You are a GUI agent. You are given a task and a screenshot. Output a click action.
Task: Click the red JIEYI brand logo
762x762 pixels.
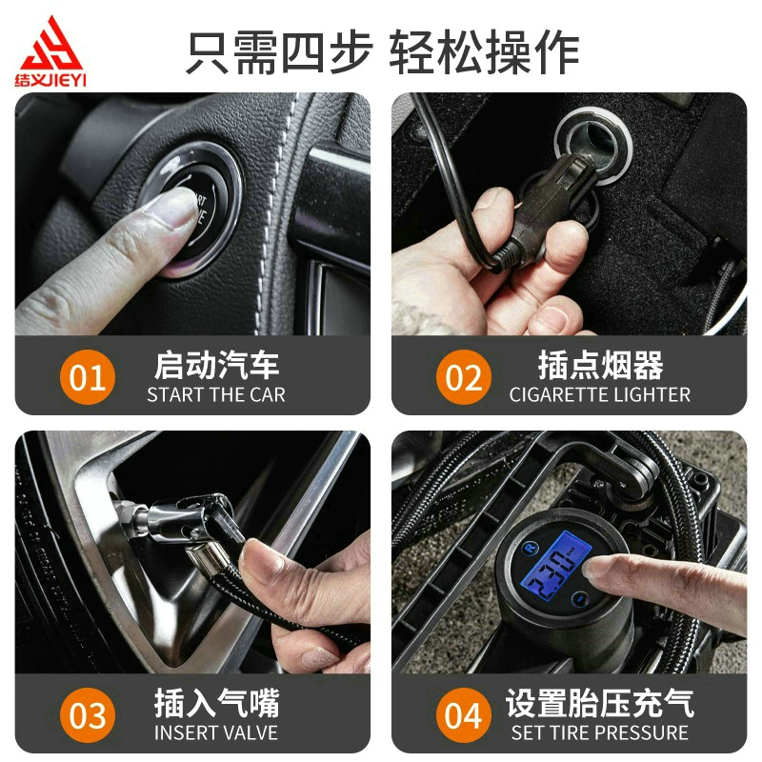click(x=50, y=51)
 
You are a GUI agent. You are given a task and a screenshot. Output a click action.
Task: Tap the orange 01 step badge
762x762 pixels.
click(x=88, y=376)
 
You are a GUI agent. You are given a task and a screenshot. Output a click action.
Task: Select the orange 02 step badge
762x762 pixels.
click(x=464, y=376)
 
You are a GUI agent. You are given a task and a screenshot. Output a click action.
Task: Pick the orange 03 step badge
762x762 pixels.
click(x=88, y=715)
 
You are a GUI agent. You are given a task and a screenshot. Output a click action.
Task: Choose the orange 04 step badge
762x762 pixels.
click(x=464, y=715)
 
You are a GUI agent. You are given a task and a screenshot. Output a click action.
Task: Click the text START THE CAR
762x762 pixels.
click(x=216, y=395)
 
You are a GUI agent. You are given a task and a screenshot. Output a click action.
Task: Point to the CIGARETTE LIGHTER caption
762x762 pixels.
click(x=600, y=395)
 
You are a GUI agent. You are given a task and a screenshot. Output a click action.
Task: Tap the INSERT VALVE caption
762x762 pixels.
click(x=216, y=732)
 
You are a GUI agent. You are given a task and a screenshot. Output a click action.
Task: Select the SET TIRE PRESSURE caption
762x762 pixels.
click(x=600, y=732)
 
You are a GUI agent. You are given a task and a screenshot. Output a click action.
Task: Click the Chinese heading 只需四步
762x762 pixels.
click(x=279, y=51)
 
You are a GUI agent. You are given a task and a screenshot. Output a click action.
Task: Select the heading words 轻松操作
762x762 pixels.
click(x=484, y=51)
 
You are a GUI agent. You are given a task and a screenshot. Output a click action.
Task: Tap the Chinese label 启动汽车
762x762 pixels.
click(x=217, y=365)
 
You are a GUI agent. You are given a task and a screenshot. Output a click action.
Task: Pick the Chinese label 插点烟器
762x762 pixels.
click(x=601, y=365)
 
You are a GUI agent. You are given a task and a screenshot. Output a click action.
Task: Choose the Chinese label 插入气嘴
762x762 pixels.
click(x=217, y=703)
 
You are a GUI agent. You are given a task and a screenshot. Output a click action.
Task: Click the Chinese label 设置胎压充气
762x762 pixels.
click(x=600, y=703)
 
